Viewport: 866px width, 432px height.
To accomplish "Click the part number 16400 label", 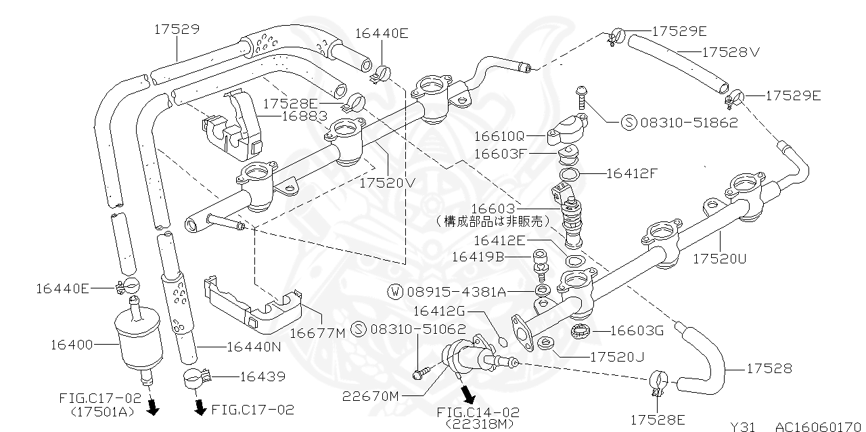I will click(x=71, y=345).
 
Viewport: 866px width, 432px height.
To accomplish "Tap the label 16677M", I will click(x=317, y=332).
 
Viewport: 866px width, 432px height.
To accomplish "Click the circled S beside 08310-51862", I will click(x=629, y=123).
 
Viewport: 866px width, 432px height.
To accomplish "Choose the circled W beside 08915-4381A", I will click(x=395, y=292).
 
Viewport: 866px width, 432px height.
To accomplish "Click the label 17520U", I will click(x=721, y=259).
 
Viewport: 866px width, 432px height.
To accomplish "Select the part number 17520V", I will click(x=387, y=183).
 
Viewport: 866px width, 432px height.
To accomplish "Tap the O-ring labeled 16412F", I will click(x=569, y=174).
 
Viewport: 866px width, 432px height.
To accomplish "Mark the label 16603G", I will click(x=637, y=330).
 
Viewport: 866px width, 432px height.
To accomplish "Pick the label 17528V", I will click(x=731, y=51).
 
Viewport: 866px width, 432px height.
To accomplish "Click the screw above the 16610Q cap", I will click(x=580, y=99).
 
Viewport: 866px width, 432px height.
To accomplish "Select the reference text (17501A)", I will click(x=103, y=411).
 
